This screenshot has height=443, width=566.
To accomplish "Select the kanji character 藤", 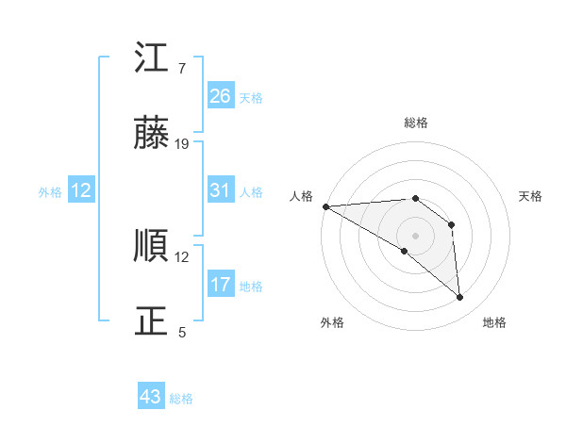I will coord(152,134).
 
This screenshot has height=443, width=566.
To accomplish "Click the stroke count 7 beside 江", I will coord(181,69).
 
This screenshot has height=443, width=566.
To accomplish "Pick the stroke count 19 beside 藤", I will coord(182,143).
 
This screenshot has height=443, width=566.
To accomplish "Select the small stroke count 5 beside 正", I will coord(181,332).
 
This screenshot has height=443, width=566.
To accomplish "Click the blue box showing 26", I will coord(220,96).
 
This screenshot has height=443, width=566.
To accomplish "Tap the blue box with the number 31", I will coord(220,190).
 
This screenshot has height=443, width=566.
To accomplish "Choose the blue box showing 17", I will coord(220,285).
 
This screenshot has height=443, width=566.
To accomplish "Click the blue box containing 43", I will coord(151,397).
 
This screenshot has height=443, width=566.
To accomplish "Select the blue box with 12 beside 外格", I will coord(81,190).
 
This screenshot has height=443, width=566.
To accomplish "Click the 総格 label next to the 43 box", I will coord(181,399).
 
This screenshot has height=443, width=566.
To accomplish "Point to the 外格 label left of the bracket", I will coord(50,192).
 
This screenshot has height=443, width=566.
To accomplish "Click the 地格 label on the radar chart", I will coord(494,322).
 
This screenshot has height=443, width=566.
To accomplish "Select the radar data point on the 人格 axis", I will coord(325,206).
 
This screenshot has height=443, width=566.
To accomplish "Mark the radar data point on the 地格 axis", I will coord(460,298).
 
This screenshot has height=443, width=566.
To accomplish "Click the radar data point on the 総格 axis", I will coord(415,198).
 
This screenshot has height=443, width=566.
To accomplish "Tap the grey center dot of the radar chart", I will coord(415,235).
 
